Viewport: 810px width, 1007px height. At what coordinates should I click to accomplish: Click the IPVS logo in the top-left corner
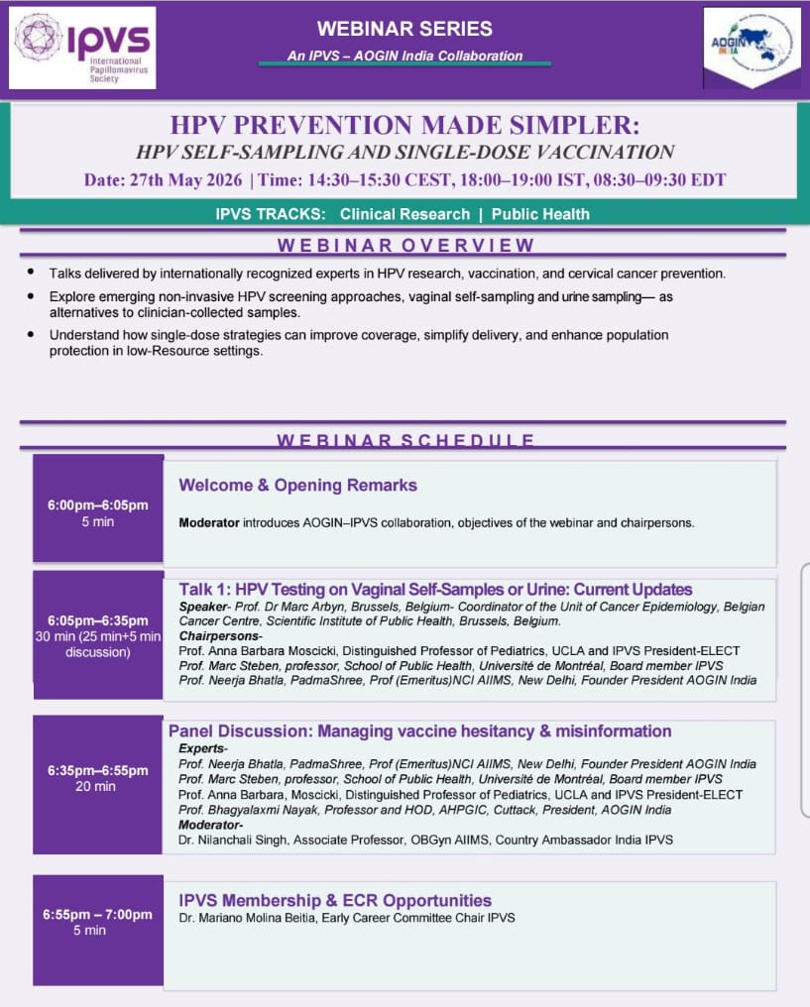point(82,49)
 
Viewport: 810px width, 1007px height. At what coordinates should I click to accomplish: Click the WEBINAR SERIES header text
point(405,29)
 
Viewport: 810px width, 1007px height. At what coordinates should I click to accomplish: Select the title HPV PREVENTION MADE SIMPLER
point(405,125)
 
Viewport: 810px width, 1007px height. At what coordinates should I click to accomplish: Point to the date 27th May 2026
point(186,179)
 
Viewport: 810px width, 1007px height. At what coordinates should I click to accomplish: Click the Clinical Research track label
point(405,214)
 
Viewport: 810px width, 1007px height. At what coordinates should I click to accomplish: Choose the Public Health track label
point(540,214)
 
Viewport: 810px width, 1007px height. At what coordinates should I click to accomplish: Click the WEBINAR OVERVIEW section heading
point(405,246)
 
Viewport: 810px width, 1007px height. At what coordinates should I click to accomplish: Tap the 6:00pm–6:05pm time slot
point(97,505)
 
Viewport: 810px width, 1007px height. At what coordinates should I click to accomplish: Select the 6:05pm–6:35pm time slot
point(97,621)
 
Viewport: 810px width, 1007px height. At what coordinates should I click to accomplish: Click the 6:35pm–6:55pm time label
point(97,771)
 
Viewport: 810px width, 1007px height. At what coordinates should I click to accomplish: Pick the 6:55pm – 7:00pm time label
point(97,915)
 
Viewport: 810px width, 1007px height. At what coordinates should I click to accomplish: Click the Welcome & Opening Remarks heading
point(298,486)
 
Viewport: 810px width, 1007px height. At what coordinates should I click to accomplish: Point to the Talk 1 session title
point(435,590)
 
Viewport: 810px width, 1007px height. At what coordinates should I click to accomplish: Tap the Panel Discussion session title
point(420,731)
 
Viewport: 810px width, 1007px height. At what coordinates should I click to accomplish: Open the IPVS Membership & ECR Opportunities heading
point(335,900)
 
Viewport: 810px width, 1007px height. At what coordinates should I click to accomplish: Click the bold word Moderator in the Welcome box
point(209,523)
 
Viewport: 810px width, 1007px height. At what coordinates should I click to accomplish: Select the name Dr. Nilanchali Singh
point(233,840)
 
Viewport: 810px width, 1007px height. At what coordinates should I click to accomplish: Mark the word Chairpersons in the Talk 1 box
point(219,636)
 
